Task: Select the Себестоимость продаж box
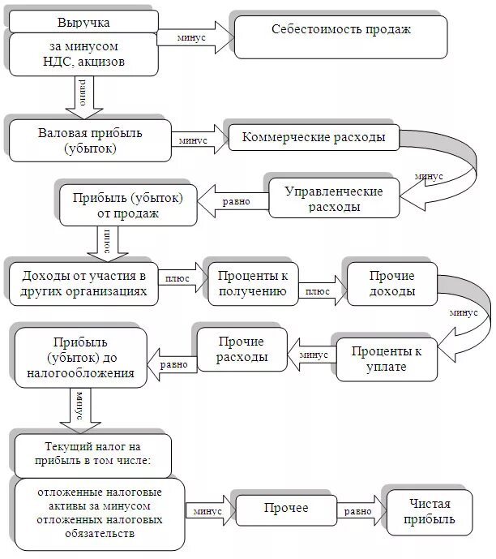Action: tap(340, 31)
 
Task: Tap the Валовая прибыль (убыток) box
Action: tap(89, 140)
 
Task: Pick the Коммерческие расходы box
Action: tap(313, 137)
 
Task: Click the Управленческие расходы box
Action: tap(334, 198)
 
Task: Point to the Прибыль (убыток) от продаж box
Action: tap(126, 205)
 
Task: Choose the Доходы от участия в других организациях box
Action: tap(84, 282)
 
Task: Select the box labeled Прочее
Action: tap(285, 510)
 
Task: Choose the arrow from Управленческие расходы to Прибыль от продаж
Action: tap(232, 200)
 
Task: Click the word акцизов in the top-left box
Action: tap(118, 61)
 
